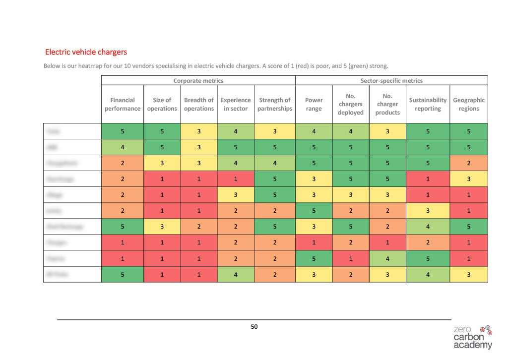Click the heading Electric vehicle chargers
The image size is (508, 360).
tap(86, 52)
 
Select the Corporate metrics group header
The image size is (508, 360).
tap(198, 80)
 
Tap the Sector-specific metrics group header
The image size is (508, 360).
tap(391, 80)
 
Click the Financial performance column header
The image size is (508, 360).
tap(123, 104)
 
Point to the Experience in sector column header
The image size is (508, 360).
tap(235, 104)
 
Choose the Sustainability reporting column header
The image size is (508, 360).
tap(428, 104)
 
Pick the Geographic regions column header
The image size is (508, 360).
tap(469, 104)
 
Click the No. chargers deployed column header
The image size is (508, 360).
tap(351, 104)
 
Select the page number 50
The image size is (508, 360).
tap(254, 326)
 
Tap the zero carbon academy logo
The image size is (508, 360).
tap(473, 337)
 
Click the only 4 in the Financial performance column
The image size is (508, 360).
tap(123, 147)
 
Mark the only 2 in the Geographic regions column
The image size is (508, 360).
tap(469, 163)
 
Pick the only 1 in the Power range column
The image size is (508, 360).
tap(314, 242)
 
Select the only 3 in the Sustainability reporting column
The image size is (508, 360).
tap(428, 211)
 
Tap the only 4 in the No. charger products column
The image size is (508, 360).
tap(387, 258)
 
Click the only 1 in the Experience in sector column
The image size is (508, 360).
tap(235, 179)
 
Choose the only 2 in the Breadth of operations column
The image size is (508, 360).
tap(198, 227)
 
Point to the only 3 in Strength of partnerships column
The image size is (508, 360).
tap(275, 131)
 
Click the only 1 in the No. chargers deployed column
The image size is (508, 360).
tap(351, 258)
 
